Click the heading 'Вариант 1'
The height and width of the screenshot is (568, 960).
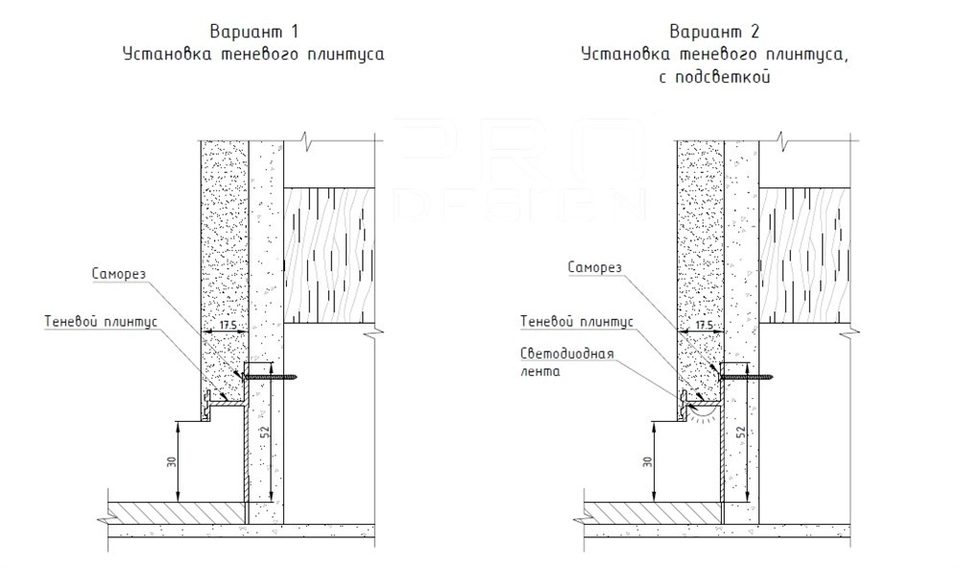252,33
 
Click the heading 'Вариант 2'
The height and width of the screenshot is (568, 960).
713,33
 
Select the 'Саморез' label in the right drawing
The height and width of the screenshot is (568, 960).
595,266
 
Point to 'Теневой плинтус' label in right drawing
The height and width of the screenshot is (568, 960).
576,321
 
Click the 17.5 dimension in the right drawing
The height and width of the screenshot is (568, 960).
705,327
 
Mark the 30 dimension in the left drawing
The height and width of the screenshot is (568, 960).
172,460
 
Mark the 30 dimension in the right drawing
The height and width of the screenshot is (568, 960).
646,460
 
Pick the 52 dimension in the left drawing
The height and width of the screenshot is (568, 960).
267,432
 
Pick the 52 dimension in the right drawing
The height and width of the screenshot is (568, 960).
742,432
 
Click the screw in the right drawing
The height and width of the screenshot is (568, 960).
750,377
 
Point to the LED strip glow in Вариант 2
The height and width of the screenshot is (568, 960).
701,413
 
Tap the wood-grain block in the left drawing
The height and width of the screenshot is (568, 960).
326,254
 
